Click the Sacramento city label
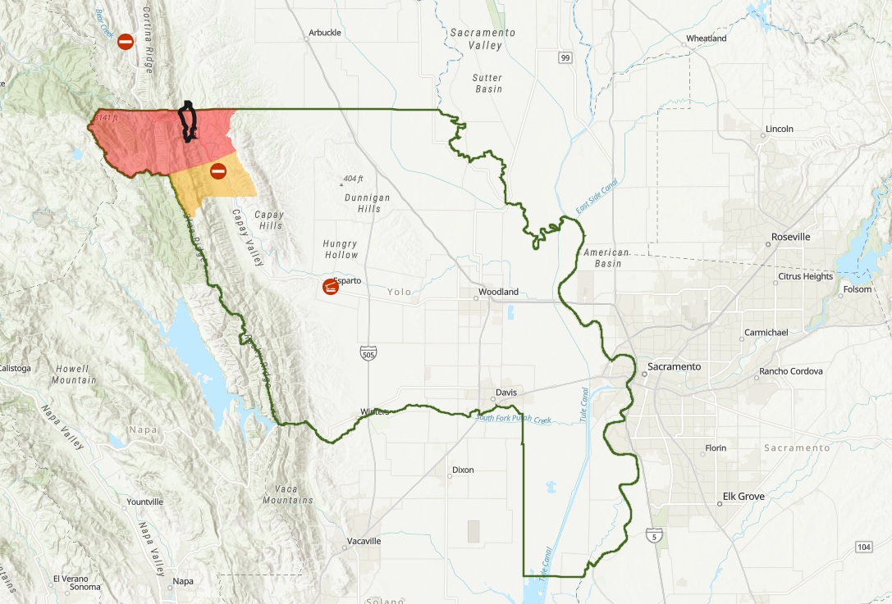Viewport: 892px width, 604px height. pos(674,366)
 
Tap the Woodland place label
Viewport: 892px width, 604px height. pos(499,292)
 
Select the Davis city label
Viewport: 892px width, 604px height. pos(506,392)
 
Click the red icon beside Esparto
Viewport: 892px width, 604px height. pos(330,288)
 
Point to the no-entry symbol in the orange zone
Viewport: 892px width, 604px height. pos(218,171)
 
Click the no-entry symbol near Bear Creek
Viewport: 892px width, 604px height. pos(126,41)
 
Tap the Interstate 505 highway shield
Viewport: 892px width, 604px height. pos(368,352)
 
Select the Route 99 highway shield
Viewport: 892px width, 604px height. pos(565,57)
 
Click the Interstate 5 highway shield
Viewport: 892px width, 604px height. pos(653,535)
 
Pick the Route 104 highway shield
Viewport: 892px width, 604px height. pos(862,547)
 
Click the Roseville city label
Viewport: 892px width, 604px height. pos(790,237)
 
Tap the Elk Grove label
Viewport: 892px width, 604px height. pos(743,497)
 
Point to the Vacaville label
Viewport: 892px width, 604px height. pos(364,542)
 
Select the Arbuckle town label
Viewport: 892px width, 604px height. pos(324,34)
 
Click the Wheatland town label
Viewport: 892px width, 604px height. pos(706,39)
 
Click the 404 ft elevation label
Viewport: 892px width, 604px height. pos(353,179)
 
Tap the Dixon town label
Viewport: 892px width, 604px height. pos(463,470)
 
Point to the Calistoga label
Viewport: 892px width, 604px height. pos(15,368)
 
